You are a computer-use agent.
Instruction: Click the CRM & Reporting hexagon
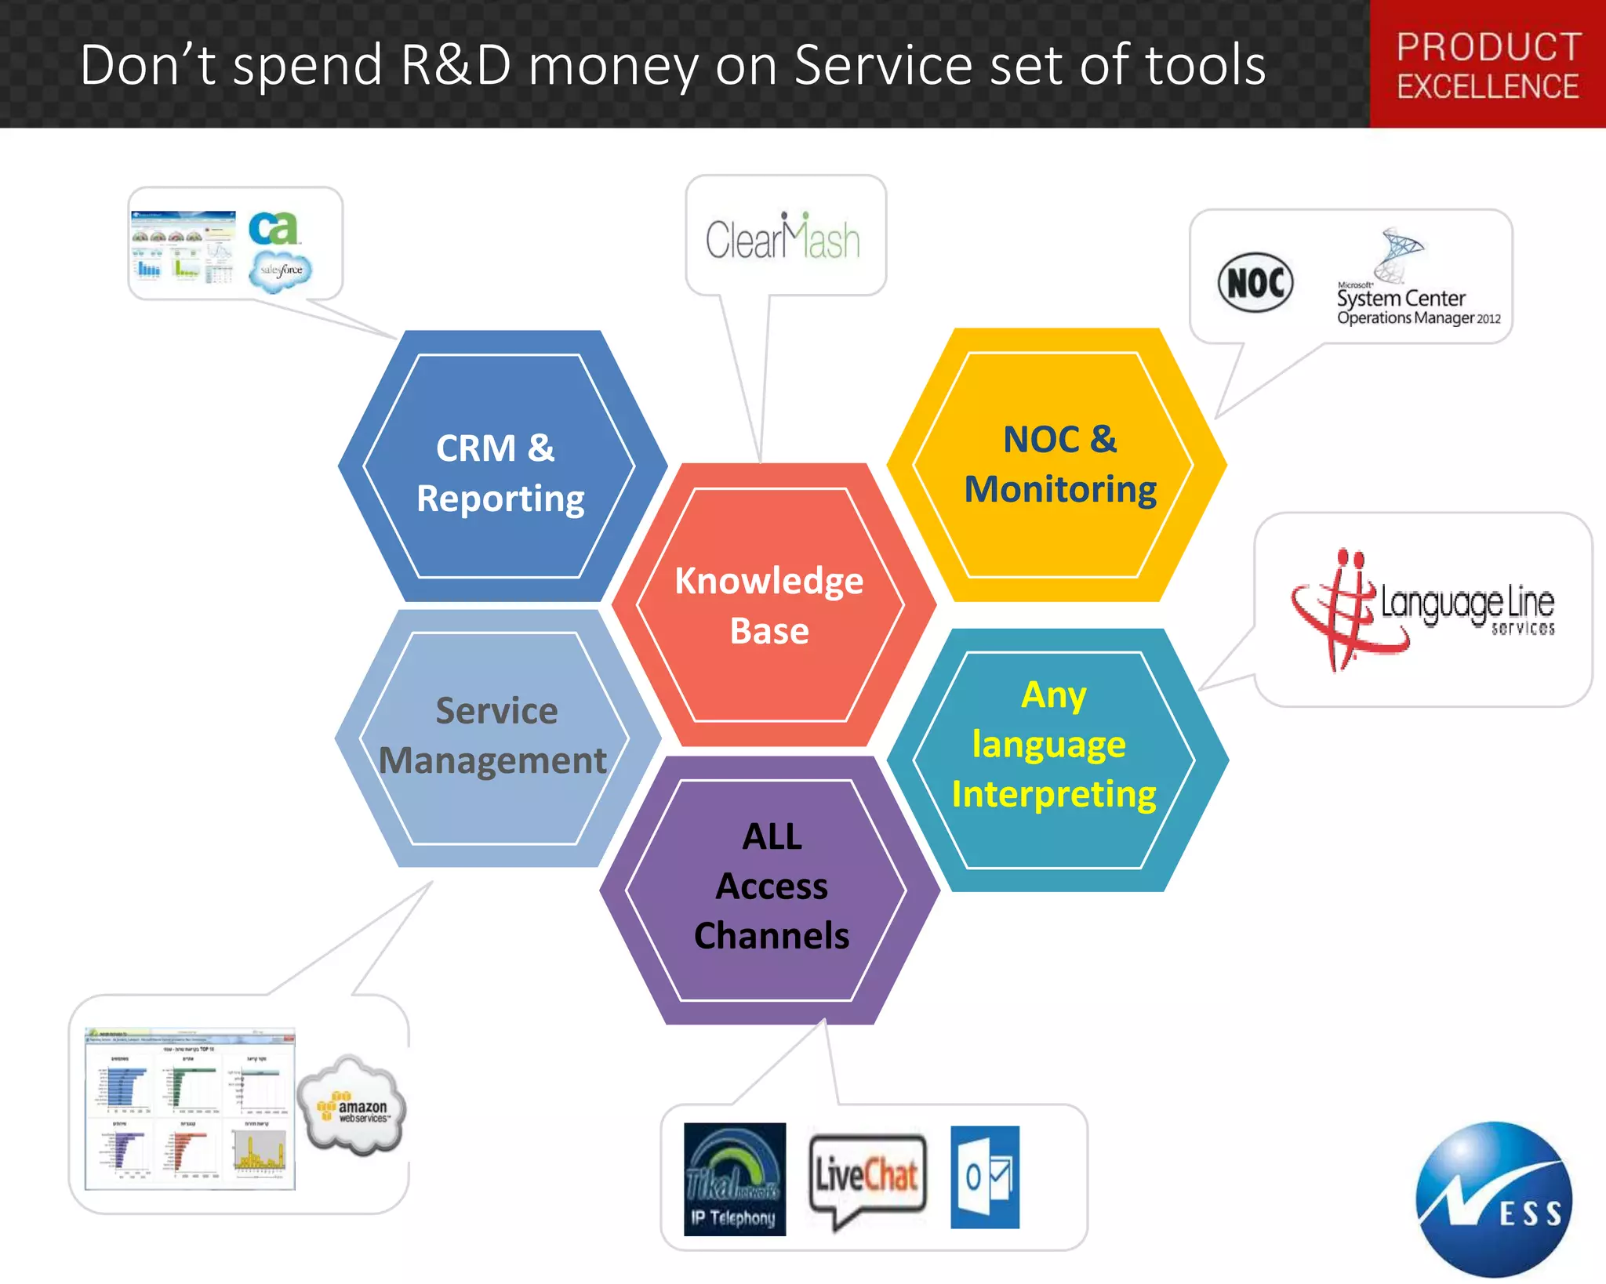click(x=500, y=470)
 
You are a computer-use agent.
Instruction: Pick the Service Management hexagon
click(x=496, y=737)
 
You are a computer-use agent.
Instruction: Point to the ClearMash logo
click(x=783, y=237)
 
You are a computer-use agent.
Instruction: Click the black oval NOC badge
click(x=1255, y=283)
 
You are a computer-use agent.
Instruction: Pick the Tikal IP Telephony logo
click(x=735, y=1179)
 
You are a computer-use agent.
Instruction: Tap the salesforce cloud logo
click(x=281, y=270)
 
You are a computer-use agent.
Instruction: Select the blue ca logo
click(x=272, y=229)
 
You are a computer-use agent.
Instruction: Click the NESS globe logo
click(x=1493, y=1199)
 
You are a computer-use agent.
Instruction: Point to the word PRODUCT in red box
click(x=1488, y=47)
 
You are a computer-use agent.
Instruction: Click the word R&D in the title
click(x=455, y=65)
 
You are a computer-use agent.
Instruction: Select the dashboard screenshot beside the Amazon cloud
click(x=190, y=1108)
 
